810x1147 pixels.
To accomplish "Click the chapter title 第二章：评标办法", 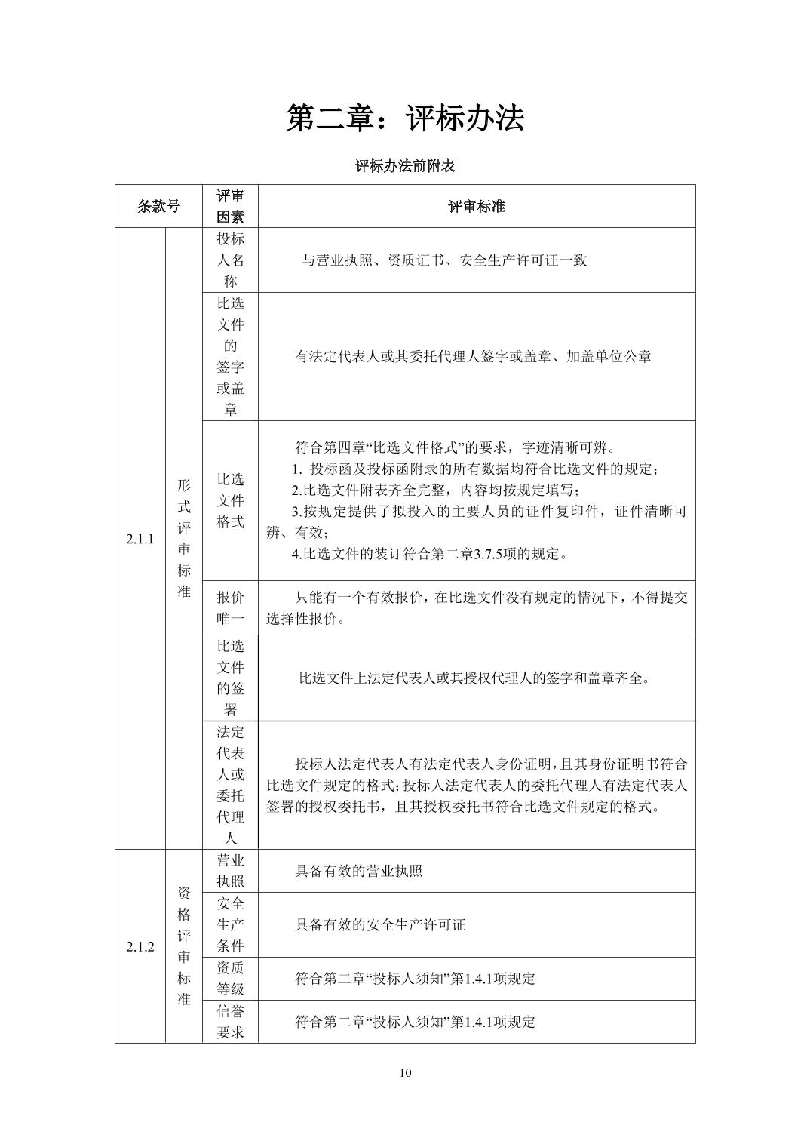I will (x=404, y=118).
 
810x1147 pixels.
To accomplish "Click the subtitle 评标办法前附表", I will (x=405, y=166).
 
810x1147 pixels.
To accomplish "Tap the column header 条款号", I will (x=158, y=206).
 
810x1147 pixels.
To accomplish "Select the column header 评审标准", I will (x=476, y=206).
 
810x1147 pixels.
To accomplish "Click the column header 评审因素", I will (x=230, y=206).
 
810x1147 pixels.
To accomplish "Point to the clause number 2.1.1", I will (x=140, y=539).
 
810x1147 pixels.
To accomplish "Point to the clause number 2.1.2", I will (x=140, y=947).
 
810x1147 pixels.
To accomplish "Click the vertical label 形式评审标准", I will (x=184, y=538).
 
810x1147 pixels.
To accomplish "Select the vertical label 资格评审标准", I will (x=184, y=946).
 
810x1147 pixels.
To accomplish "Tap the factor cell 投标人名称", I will (x=230, y=260).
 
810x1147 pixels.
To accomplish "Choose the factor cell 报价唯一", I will (x=230, y=608).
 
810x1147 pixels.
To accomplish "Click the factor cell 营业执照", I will (x=230, y=871).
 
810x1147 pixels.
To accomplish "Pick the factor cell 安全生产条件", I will (x=230, y=924).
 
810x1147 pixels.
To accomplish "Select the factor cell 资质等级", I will (x=230, y=978).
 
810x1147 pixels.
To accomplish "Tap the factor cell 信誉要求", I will (x=230, y=1022).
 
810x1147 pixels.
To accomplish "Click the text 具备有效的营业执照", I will (x=358, y=871).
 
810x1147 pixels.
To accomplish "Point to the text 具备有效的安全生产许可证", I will (x=379, y=924).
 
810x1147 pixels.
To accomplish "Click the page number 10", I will (x=406, y=1073).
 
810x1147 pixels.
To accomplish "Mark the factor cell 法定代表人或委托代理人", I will (x=230, y=785).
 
